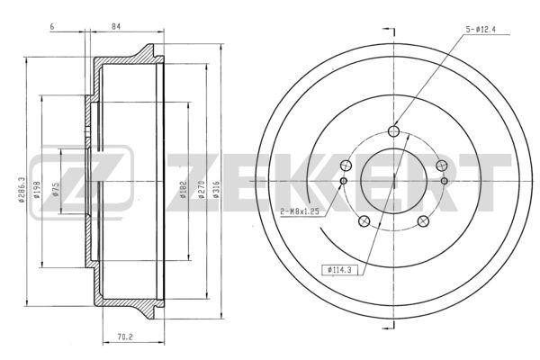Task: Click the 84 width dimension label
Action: tap(116, 26)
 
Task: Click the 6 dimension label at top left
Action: tap(52, 26)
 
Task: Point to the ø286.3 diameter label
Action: tap(22, 190)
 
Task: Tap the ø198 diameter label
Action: tap(37, 190)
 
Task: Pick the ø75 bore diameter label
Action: tap(57, 190)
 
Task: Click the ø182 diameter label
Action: tap(184, 190)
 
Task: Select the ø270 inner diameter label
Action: tap(202, 190)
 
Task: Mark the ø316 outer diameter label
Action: tap(216, 190)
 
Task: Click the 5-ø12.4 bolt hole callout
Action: tap(481, 30)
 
